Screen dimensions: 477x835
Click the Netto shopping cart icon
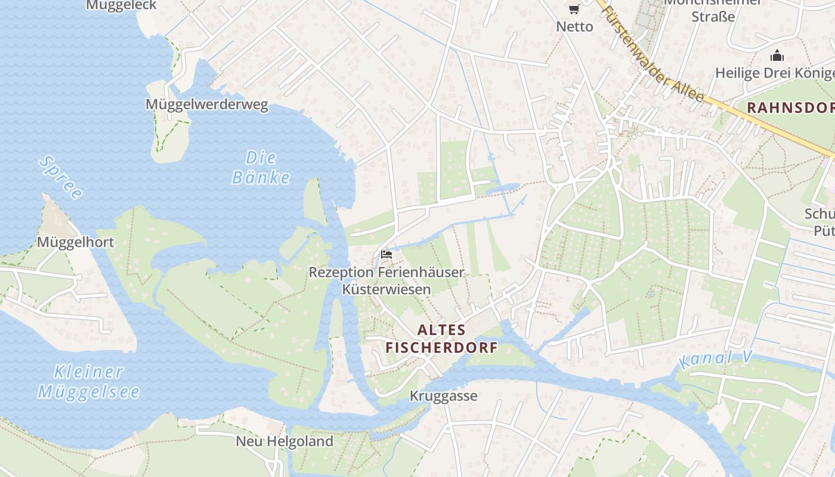[x=574, y=9]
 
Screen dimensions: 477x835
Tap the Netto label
[x=574, y=27]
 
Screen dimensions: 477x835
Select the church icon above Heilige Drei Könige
[x=777, y=56]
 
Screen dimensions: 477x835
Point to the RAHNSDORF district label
[x=791, y=108]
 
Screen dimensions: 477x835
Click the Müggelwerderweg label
[x=206, y=105]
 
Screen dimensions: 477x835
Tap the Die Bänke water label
[x=261, y=168]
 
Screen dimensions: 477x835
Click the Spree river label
[x=60, y=177]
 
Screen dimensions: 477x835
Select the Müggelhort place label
[x=75, y=242]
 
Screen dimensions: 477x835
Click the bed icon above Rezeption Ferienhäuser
[x=386, y=255]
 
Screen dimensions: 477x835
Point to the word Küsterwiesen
[x=386, y=290]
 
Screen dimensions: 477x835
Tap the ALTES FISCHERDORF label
[x=441, y=339]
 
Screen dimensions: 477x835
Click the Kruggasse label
[x=443, y=396]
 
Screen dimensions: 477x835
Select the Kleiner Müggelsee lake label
[x=89, y=382]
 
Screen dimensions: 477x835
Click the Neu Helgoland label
[x=284, y=441]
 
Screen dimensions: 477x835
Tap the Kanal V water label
[x=715, y=360]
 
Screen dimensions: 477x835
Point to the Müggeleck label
[x=121, y=5]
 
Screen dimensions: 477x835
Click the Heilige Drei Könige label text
[x=775, y=73]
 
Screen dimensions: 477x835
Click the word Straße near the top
[x=713, y=17]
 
